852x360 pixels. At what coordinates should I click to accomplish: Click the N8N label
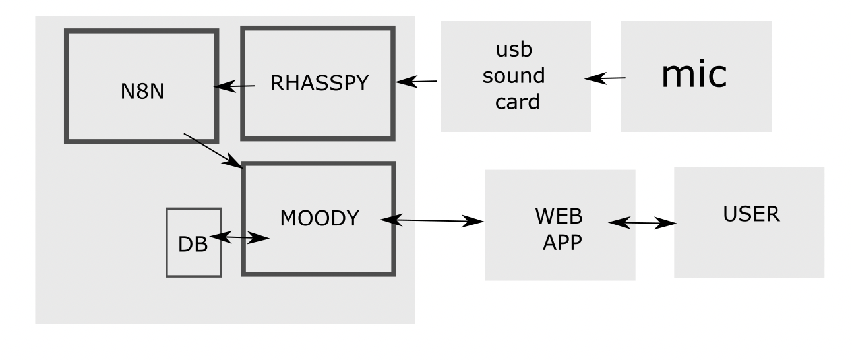click(142, 91)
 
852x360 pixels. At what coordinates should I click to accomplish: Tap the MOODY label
click(320, 218)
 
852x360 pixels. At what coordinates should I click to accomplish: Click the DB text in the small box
click(193, 245)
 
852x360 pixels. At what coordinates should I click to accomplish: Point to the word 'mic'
click(694, 75)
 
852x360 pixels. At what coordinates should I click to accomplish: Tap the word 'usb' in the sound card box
click(514, 51)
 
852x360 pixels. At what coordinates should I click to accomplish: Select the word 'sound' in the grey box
click(514, 76)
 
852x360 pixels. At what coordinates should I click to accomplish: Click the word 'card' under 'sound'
click(514, 102)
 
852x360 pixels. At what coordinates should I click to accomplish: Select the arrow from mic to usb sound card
click(605, 78)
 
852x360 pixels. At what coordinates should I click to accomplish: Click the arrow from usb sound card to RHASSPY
click(416, 82)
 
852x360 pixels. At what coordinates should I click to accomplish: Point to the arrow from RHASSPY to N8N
click(233, 86)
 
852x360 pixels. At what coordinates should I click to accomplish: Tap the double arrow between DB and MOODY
click(239, 238)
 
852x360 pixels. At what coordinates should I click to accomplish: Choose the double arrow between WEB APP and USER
click(642, 224)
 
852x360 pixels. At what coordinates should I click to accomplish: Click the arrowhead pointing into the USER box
click(667, 224)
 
